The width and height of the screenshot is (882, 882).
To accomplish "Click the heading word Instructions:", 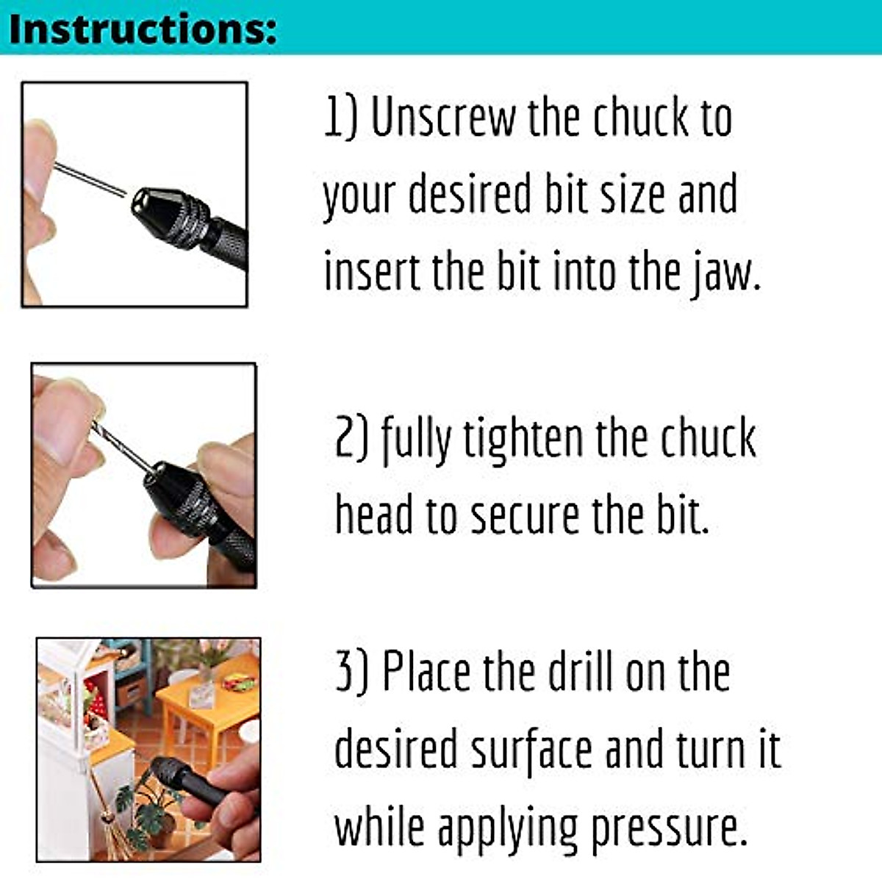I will click(143, 29).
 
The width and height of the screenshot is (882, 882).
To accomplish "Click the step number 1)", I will click(340, 118).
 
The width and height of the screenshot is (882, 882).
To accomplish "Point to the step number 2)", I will click(351, 439).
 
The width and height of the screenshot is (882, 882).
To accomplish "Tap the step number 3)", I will click(351, 673).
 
